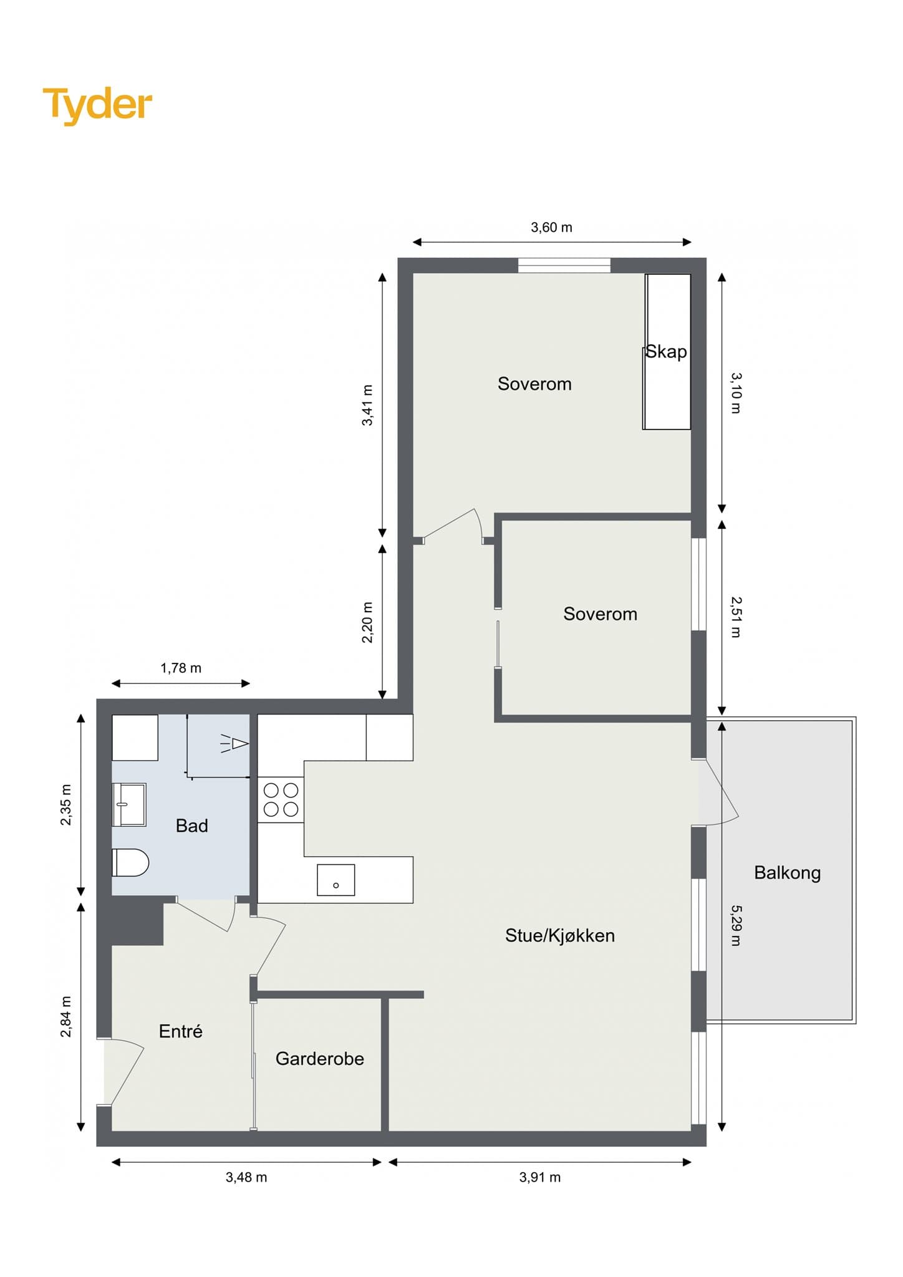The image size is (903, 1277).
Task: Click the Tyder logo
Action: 97,105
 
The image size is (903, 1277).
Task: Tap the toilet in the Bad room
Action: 130,862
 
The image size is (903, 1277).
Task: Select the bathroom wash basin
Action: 129,804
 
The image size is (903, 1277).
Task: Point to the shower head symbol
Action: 235,744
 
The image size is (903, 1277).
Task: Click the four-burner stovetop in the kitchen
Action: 281,800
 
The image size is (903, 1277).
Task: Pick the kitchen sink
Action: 336,880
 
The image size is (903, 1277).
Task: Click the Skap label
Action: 666,352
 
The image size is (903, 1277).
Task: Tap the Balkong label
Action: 787,872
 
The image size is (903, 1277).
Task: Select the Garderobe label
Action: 320,1058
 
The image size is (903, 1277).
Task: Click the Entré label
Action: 181,1031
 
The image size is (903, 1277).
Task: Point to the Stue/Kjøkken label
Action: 560,935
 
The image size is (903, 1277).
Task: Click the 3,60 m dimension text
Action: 551,228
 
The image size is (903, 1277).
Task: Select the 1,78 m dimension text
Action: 181,668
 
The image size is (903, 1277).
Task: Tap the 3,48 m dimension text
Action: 246,1177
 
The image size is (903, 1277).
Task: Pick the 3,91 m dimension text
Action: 540,1177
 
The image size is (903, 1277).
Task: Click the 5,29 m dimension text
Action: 736,925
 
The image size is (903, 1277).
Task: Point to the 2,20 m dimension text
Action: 367,622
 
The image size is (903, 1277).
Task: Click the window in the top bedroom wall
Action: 564,265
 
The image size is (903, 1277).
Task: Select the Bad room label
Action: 192,826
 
